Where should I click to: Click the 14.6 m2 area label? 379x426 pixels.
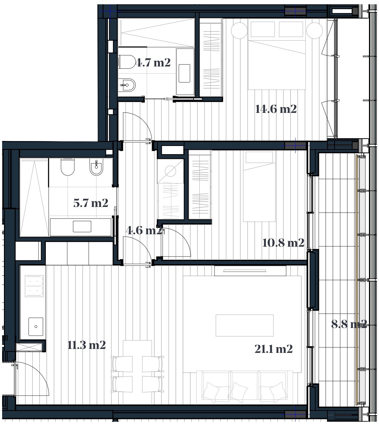pos(276,109)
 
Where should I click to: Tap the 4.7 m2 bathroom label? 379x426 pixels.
pos(153,63)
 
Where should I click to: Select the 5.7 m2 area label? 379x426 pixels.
pos(91,203)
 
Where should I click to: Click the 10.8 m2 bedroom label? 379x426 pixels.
pos(283,243)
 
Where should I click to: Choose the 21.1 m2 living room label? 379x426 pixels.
pos(273,349)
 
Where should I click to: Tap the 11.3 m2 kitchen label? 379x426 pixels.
pos(86,345)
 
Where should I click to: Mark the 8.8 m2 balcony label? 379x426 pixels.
pos(349,324)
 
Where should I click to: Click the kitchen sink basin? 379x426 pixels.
pos(36,326)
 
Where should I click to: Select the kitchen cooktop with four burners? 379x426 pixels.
pos(34,286)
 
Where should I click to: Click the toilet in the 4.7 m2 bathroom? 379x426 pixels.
pos(127,62)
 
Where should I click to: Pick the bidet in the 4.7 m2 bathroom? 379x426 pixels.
pos(127,85)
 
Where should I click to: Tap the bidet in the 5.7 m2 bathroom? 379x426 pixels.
pos(96,167)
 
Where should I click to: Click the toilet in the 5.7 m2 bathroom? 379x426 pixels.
pos(67,167)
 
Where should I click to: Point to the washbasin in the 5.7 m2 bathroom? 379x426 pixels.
pos(82,226)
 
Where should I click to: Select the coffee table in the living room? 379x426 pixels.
pos(245,325)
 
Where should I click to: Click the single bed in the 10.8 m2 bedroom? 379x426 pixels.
pos(259,186)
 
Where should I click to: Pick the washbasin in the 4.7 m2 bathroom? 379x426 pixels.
pos(184,73)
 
